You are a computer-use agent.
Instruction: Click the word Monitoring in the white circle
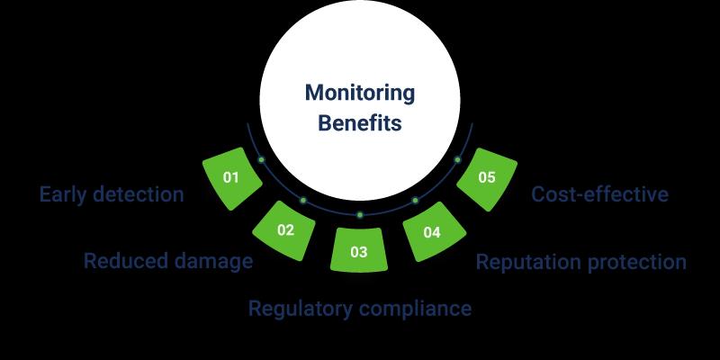[x=359, y=94]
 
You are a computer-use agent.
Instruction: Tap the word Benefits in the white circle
[x=359, y=123]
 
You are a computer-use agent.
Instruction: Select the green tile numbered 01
[x=232, y=178]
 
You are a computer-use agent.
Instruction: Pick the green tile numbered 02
[x=284, y=230]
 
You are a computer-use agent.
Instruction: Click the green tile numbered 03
[x=359, y=250]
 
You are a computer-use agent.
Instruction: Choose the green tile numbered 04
[x=434, y=231]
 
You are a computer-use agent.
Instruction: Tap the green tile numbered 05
[x=487, y=178]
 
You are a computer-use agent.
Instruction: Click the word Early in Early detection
[x=63, y=194]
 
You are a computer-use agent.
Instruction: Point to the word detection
[x=139, y=194]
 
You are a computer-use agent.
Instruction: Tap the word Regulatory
[x=301, y=309]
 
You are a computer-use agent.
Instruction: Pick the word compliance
[x=415, y=308]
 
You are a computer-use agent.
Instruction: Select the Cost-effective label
[x=599, y=194]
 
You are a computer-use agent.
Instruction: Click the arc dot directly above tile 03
[x=360, y=215]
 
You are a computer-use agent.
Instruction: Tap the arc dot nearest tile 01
[x=261, y=160]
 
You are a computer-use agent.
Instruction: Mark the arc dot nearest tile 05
[x=457, y=160]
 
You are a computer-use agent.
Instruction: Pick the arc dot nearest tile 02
[x=303, y=200]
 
